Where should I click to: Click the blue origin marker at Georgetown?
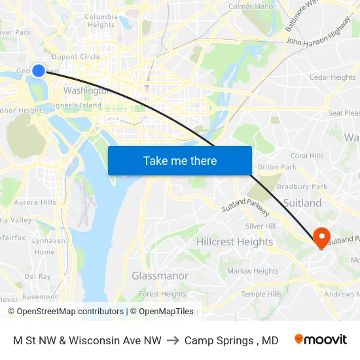[39, 70]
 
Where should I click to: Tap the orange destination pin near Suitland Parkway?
[322, 236]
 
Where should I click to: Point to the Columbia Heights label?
[101, 20]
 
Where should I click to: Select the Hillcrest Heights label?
[234, 242]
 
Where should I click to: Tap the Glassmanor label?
[160, 276]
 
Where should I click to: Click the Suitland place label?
[302, 203]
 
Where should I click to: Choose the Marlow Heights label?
[253, 271]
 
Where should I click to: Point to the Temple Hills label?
[261, 294]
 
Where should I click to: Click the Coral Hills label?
[307, 156]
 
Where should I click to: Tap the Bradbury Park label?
[301, 187]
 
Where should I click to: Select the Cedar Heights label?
[333, 77]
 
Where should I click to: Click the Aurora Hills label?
[35, 202]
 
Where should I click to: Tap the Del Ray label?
[37, 276]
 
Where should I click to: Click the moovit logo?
[320, 340]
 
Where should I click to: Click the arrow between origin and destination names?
[173, 340]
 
